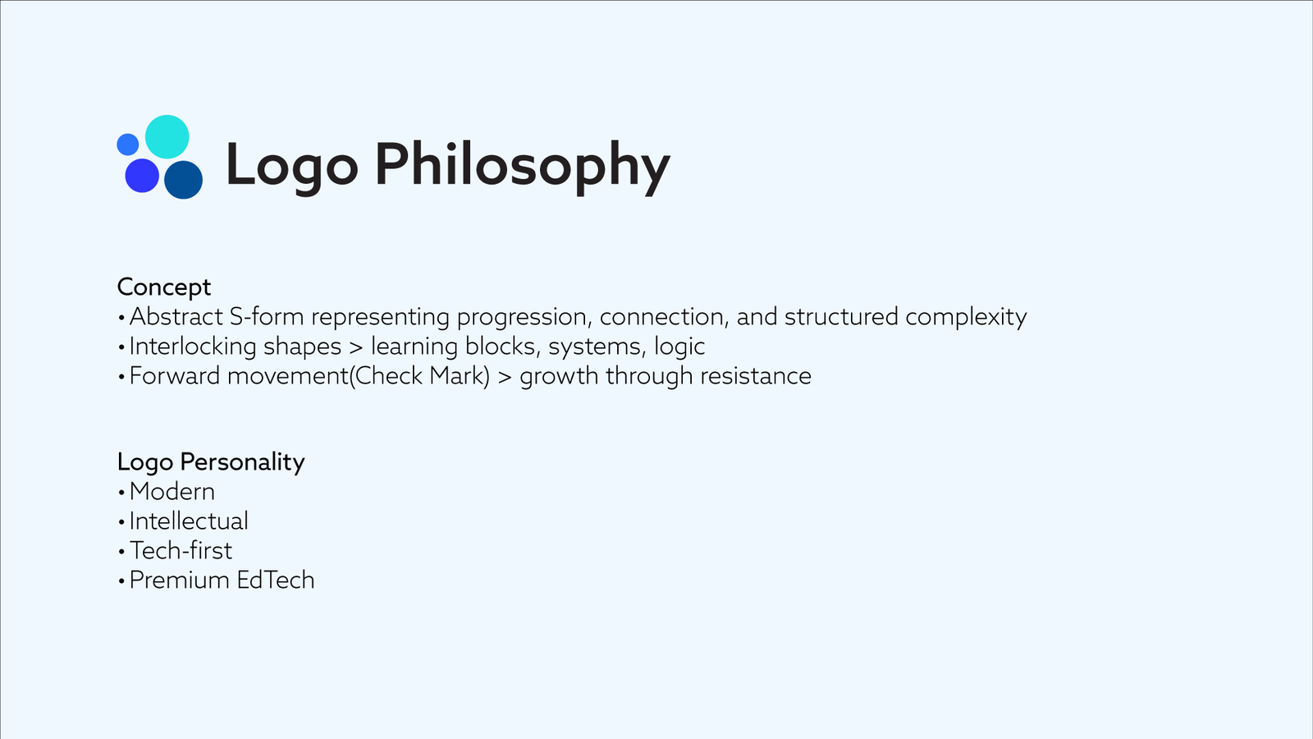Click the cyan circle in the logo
click(x=167, y=136)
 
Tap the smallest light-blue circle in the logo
click(x=128, y=145)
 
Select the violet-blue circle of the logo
click(x=142, y=176)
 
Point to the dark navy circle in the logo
click(x=184, y=180)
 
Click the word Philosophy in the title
click(x=522, y=168)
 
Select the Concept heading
click(x=163, y=287)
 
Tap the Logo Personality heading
click(x=211, y=462)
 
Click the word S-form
click(x=267, y=317)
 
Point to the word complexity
click(x=966, y=317)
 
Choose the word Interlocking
click(x=193, y=346)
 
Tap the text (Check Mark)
click(x=419, y=376)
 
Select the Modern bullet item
click(x=172, y=492)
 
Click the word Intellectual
click(x=189, y=521)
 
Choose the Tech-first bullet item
click(x=181, y=551)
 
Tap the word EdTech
click(x=276, y=580)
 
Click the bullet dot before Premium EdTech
click(x=121, y=581)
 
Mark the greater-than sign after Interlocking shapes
click(x=356, y=347)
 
